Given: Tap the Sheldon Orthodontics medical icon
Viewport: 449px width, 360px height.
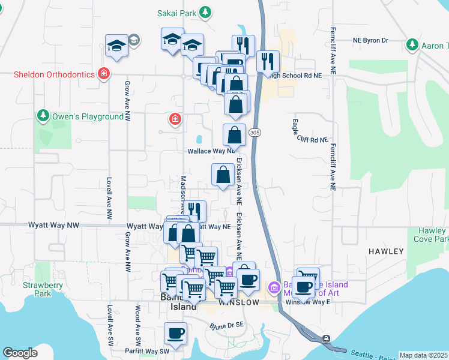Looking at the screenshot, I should tap(104, 74).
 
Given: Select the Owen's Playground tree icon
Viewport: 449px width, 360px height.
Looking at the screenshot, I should tap(43, 115).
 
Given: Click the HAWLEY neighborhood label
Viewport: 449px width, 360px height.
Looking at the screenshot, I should tap(387, 251).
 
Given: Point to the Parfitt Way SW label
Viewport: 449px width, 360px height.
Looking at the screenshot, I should tap(145, 351).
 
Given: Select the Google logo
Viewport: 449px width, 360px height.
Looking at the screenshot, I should tap(20, 353).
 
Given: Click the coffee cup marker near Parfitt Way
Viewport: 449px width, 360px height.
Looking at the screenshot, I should tap(176, 334).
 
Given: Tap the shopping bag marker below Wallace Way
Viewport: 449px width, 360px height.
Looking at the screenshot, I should tap(223, 175).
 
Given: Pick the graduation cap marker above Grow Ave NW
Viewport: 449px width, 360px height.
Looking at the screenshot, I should tap(117, 46).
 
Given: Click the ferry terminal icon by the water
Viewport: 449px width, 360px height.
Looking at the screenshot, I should tap(325, 339).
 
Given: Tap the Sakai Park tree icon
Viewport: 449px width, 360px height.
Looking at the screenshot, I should tap(206, 12).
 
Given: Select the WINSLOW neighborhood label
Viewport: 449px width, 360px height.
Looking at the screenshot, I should tap(239, 302).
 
